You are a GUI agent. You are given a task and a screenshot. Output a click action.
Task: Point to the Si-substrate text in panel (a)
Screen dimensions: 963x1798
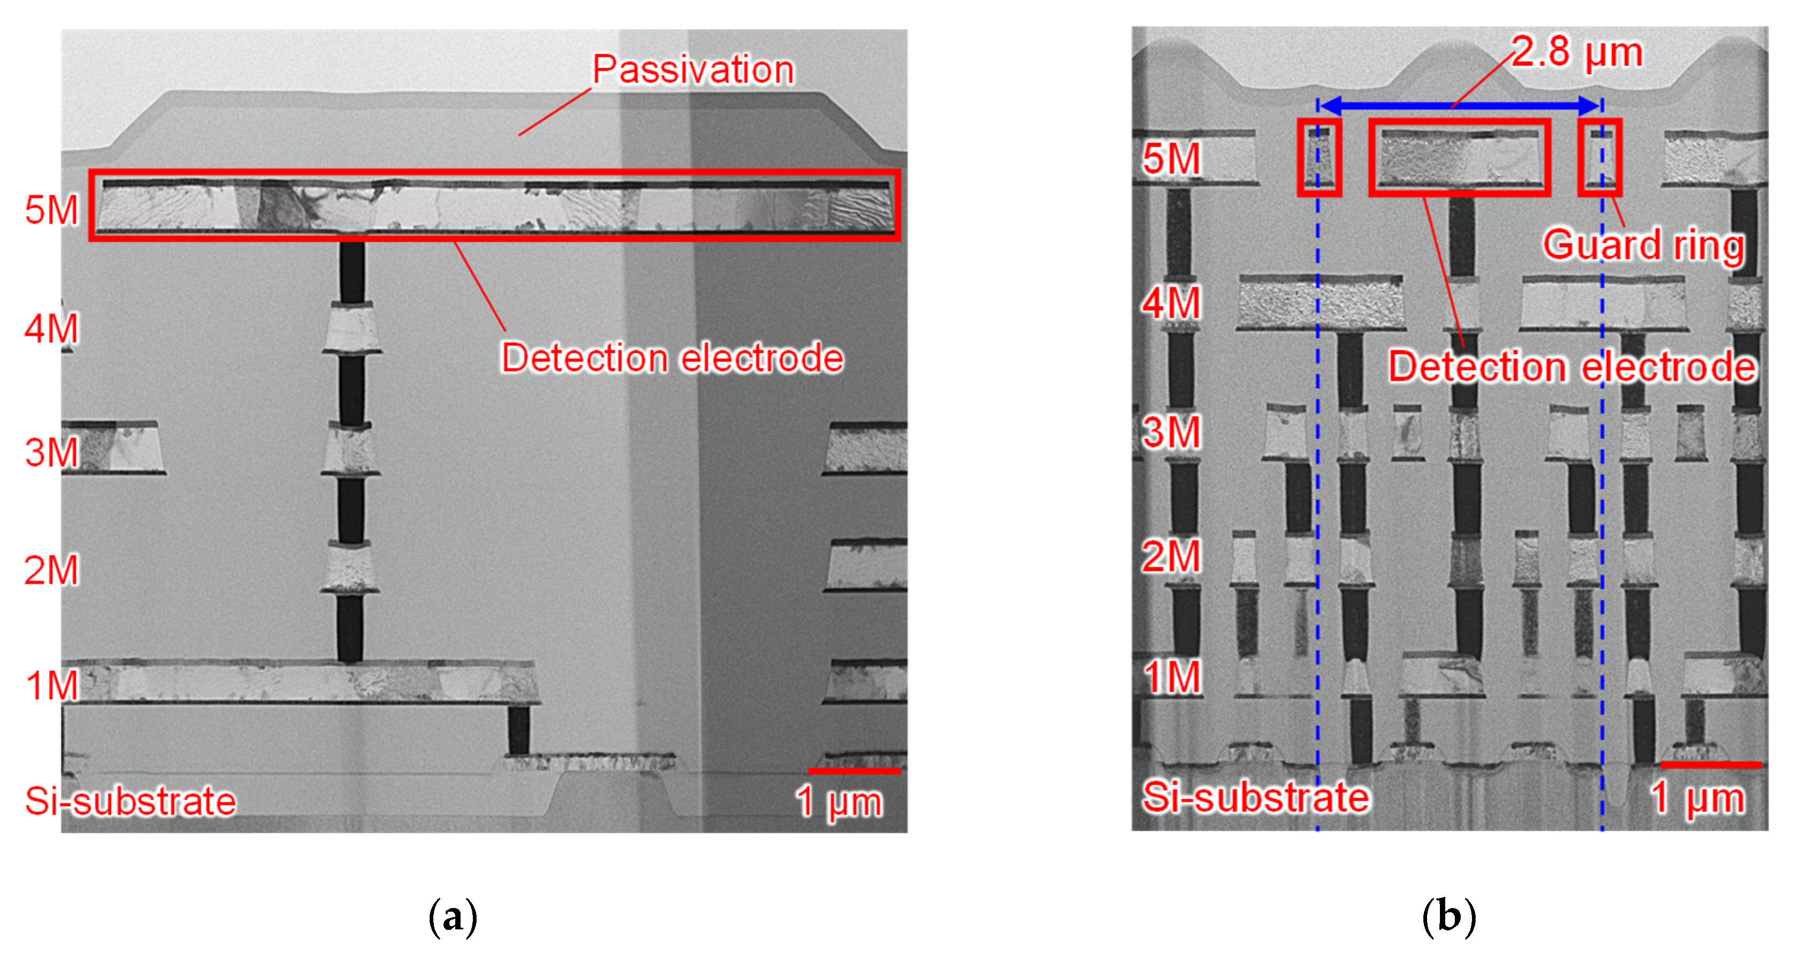131,801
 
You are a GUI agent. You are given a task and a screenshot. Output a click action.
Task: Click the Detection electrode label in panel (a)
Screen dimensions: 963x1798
672,358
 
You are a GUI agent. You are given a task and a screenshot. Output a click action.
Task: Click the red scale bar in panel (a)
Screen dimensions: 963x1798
854,771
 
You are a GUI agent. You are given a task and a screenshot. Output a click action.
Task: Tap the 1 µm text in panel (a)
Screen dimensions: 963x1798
839,802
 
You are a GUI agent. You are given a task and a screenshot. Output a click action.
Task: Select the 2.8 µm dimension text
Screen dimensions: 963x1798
1577,52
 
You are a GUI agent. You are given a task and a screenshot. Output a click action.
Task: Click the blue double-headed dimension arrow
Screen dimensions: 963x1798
1459,106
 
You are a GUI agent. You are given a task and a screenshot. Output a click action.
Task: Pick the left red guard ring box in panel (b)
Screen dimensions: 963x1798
1319,157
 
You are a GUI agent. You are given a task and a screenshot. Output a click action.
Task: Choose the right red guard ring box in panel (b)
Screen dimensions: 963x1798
1600,157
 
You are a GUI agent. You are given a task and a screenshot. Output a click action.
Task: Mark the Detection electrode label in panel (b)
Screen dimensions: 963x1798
1572,367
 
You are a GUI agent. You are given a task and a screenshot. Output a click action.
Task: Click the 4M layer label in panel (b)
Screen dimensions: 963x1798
1171,304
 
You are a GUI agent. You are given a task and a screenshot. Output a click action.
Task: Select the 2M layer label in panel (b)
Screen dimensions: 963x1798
1171,557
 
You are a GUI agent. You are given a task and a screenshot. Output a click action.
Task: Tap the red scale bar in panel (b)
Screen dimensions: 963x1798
1711,765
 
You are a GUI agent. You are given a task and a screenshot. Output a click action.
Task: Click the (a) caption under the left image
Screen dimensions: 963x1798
452,917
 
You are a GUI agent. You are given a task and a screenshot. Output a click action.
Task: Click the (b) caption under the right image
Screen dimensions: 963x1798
1448,917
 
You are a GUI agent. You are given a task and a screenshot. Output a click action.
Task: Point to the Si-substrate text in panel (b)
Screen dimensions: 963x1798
1255,797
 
